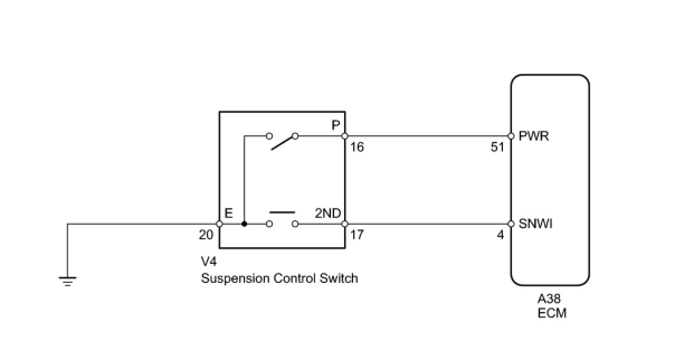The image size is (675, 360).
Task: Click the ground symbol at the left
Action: tap(68, 281)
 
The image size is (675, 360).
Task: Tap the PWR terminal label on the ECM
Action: tap(534, 136)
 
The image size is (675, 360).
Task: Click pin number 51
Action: tap(497, 148)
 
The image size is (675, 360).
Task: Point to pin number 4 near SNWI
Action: tap(501, 235)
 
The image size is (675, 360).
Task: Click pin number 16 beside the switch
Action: tap(357, 148)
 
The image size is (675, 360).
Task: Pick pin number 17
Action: tap(357, 235)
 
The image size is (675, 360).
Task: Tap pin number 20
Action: tap(206, 235)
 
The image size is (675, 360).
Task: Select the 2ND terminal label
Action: tap(328, 213)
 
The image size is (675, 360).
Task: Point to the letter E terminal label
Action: tap(229, 213)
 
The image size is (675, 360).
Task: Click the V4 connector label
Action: tap(208, 262)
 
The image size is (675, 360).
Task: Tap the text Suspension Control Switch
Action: tap(279, 278)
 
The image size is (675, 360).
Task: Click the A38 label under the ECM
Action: tap(550, 299)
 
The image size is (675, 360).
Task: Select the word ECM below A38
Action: tap(552, 312)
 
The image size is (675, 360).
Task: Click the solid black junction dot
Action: tap(244, 224)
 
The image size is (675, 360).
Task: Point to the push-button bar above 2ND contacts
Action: tap(282, 213)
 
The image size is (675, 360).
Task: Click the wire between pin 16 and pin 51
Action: tap(427, 136)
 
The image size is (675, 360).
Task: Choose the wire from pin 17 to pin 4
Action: tap(427, 224)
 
